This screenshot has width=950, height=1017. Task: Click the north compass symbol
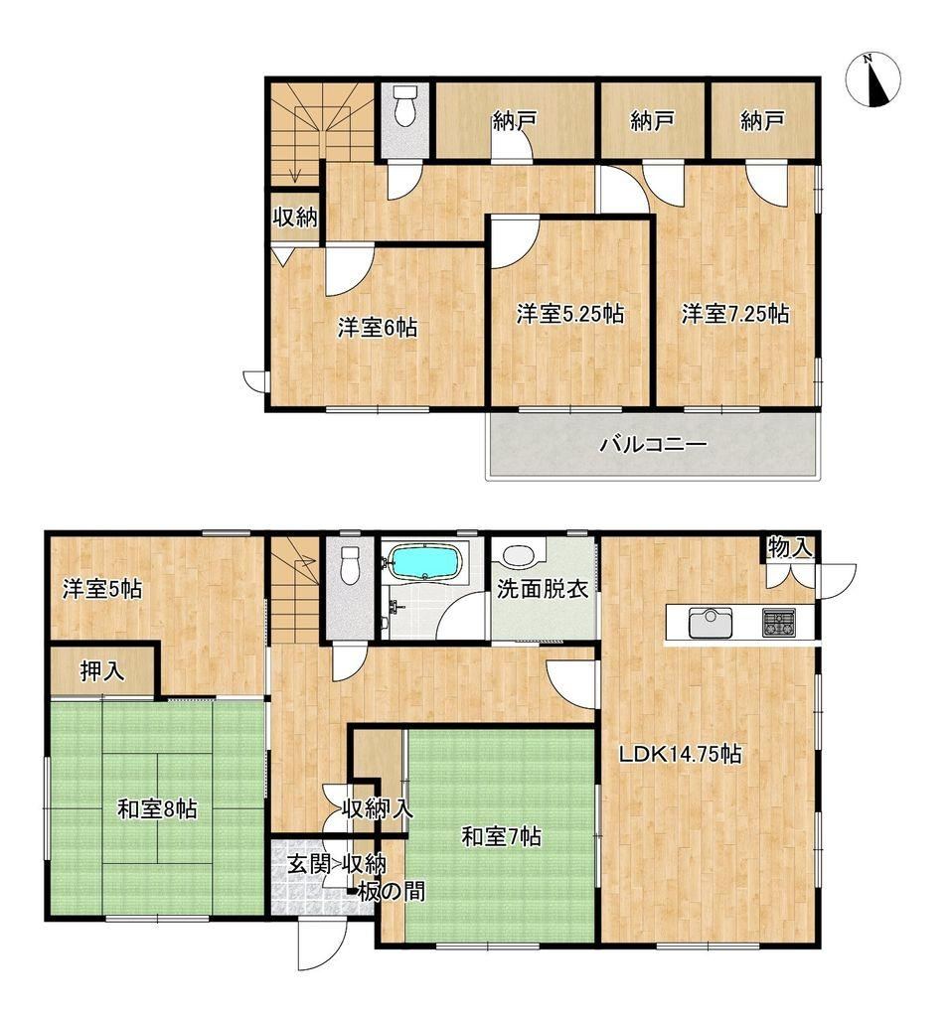click(872, 78)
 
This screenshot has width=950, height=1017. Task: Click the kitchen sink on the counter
click(710, 623)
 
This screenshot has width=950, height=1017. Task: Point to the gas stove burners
click(778, 623)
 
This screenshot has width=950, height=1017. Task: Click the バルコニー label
click(652, 445)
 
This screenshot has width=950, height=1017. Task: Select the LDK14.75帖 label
click(680, 754)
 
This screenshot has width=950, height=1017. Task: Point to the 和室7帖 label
click(501, 836)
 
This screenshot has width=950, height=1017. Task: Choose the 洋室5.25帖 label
click(570, 314)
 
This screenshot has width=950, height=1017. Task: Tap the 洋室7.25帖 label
click(735, 314)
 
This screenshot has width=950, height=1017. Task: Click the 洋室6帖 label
click(377, 328)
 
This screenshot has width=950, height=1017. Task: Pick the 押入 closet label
click(102, 670)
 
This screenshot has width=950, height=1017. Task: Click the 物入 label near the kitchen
click(790, 547)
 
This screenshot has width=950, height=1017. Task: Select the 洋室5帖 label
click(102, 590)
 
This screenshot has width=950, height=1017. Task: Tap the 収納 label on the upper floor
click(296, 218)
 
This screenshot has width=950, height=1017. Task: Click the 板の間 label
click(392, 891)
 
